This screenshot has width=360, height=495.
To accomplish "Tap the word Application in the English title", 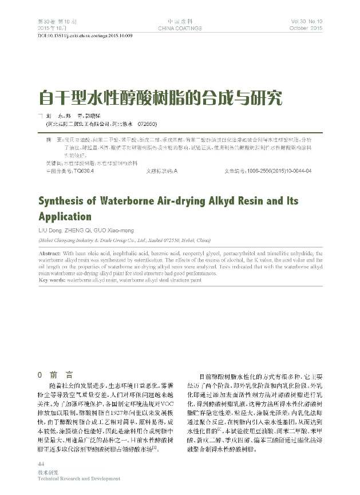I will (x=64, y=218).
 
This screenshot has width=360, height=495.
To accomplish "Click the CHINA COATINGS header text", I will (x=179, y=27).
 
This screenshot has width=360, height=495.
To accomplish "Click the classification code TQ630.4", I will (x=72, y=171).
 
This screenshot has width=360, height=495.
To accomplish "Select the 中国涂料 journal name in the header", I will (x=179, y=21).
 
